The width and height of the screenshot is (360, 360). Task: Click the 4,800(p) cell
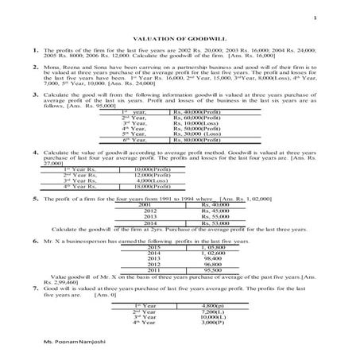point(213,305)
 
